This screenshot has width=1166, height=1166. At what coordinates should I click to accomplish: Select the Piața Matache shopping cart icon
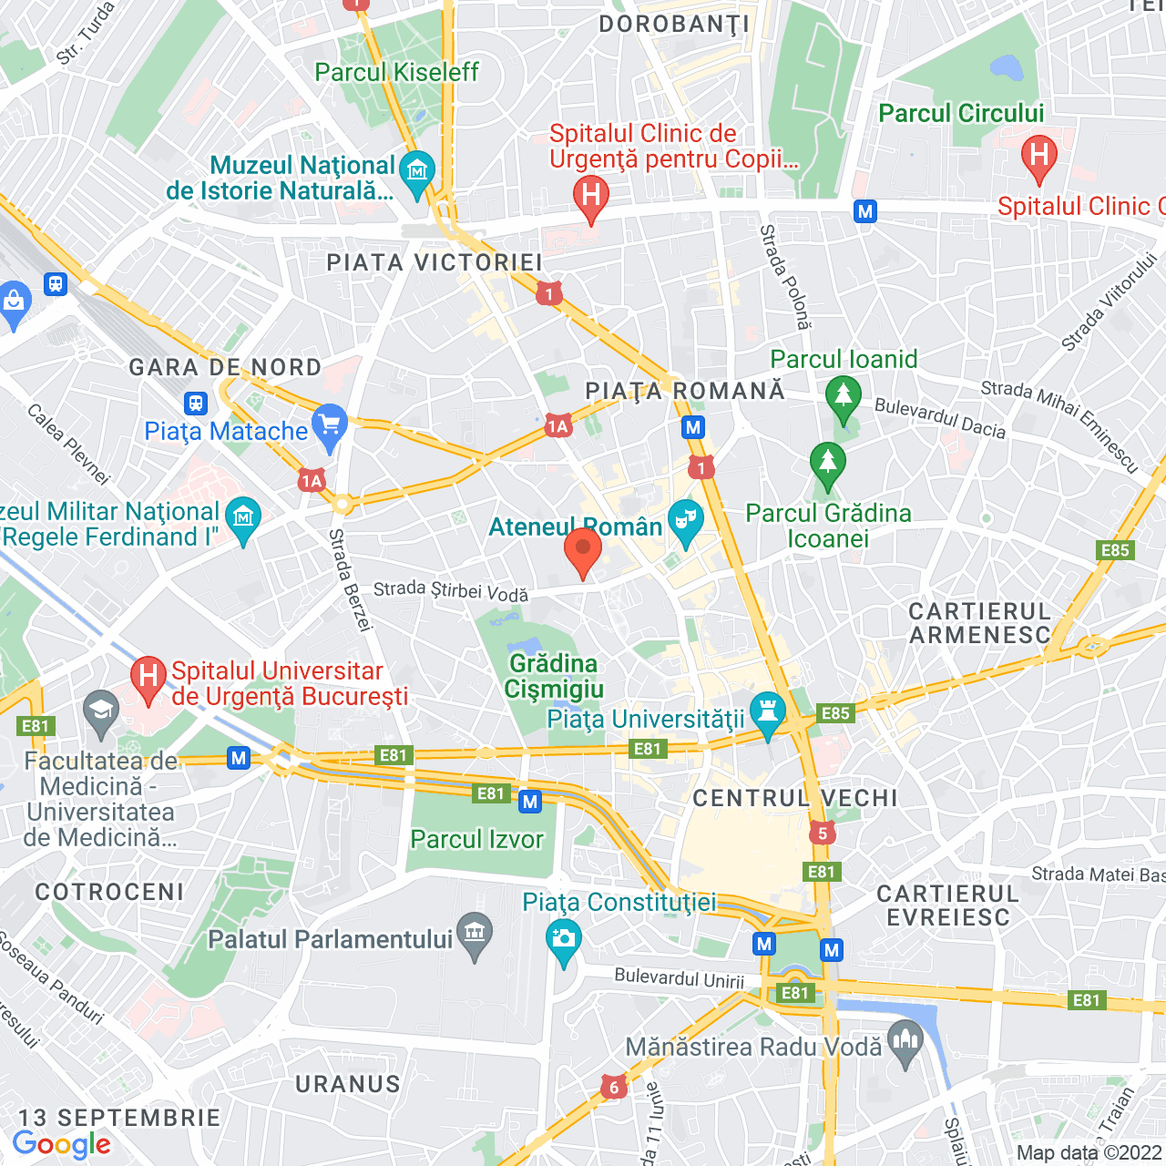[x=330, y=425]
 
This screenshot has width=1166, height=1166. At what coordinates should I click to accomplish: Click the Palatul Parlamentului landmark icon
[x=475, y=933]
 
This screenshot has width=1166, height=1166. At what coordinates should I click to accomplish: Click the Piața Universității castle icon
[x=767, y=712]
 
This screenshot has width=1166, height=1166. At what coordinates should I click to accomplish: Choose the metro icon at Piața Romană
[x=694, y=427]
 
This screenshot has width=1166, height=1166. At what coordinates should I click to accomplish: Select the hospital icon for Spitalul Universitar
[x=148, y=677]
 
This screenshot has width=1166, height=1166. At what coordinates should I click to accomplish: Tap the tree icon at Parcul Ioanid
[x=843, y=397]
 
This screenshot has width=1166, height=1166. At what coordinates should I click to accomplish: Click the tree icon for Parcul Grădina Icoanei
[x=827, y=462]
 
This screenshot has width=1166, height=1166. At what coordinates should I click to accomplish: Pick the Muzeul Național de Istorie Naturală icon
[x=417, y=170]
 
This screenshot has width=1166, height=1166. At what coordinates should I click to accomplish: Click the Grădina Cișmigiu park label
[x=554, y=676]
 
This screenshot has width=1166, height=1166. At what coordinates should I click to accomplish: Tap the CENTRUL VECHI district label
[x=795, y=799]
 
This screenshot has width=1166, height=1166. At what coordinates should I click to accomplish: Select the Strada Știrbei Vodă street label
[x=451, y=591]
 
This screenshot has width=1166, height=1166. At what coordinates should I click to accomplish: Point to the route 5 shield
[x=823, y=833]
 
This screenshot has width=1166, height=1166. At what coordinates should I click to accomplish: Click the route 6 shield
[x=614, y=1087]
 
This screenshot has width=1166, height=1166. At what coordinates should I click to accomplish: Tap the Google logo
[x=61, y=1144]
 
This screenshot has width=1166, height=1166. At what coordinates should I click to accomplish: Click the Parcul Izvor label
[x=476, y=839]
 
